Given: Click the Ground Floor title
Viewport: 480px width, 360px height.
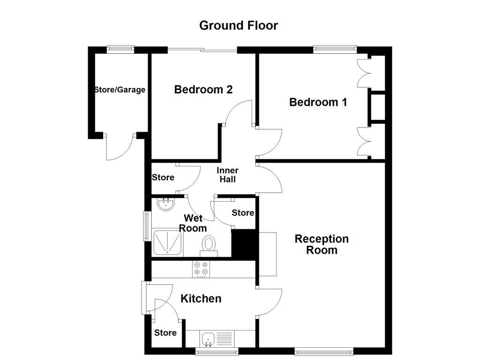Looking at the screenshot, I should pyautogui.click(x=239, y=25).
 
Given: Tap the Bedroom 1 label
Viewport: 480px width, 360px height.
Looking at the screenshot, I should pyautogui.click(x=318, y=102).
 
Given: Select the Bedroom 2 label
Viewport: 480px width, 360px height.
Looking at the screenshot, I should pyautogui.click(x=203, y=90).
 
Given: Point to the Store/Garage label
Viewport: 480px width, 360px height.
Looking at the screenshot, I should pyautogui.click(x=120, y=90).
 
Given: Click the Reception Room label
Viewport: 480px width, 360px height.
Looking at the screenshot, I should pyautogui.click(x=322, y=244).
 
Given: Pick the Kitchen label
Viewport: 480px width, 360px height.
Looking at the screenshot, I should pyautogui.click(x=201, y=299).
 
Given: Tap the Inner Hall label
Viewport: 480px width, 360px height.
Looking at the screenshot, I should pyautogui.click(x=227, y=175).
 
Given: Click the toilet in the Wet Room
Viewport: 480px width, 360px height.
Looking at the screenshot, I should pyautogui.click(x=209, y=245).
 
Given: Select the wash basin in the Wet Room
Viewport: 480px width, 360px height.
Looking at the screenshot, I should pyautogui.click(x=165, y=203).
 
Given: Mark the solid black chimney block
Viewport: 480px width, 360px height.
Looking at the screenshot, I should pyautogui.click(x=243, y=243).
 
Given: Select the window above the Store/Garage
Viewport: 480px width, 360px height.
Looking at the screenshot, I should pyautogui.click(x=120, y=48).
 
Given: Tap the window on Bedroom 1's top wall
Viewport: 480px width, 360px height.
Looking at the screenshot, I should pyautogui.click(x=335, y=48).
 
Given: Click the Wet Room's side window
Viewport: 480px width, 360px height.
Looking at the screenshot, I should pyautogui.click(x=147, y=226).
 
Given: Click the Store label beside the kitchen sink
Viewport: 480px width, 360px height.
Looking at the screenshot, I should pyautogui.click(x=165, y=333).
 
